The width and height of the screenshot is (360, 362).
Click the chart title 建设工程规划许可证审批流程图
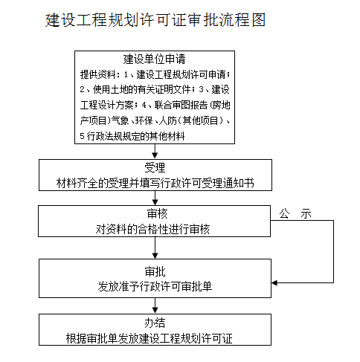pyautogui.click(x=155, y=20)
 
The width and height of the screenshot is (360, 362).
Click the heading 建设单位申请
pyautogui.click(x=154, y=59)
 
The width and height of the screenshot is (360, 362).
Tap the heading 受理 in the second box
pyautogui.click(x=155, y=168)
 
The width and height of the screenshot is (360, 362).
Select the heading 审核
pyautogui.click(x=157, y=214)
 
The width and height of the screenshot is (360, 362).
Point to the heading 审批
pyautogui.click(x=155, y=272)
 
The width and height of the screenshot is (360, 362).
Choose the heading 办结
pyautogui.click(x=155, y=323)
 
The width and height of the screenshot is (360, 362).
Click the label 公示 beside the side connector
pyautogui.click(x=295, y=213)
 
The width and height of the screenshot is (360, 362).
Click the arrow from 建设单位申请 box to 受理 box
pyautogui.click(x=155, y=151)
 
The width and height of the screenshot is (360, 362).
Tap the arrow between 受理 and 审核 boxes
pyautogui.click(x=155, y=198)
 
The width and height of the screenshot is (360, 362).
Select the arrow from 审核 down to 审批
pyautogui.click(x=155, y=248)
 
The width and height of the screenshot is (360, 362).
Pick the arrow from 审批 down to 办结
pyautogui.click(x=155, y=306)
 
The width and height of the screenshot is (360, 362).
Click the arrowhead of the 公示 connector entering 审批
pyautogui.click(x=274, y=282)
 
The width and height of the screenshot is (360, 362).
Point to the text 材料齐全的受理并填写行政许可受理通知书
pyautogui.click(x=155, y=184)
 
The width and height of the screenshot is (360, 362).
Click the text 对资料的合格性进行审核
pyautogui.click(x=152, y=230)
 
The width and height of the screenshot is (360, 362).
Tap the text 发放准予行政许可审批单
pyautogui.click(x=155, y=287)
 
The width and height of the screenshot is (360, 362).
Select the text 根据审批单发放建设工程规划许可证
pyautogui.click(x=150, y=338)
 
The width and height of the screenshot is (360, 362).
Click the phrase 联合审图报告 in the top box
pyautogui.click(x=181, y=106)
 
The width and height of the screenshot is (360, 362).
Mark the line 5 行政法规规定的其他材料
pyautogui.click(x=132, y=136)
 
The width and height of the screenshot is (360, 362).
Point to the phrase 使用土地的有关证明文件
pyautogui.click(x=141, y=90)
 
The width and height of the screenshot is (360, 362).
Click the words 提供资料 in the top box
pyautogui.click(x=97, y=74)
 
